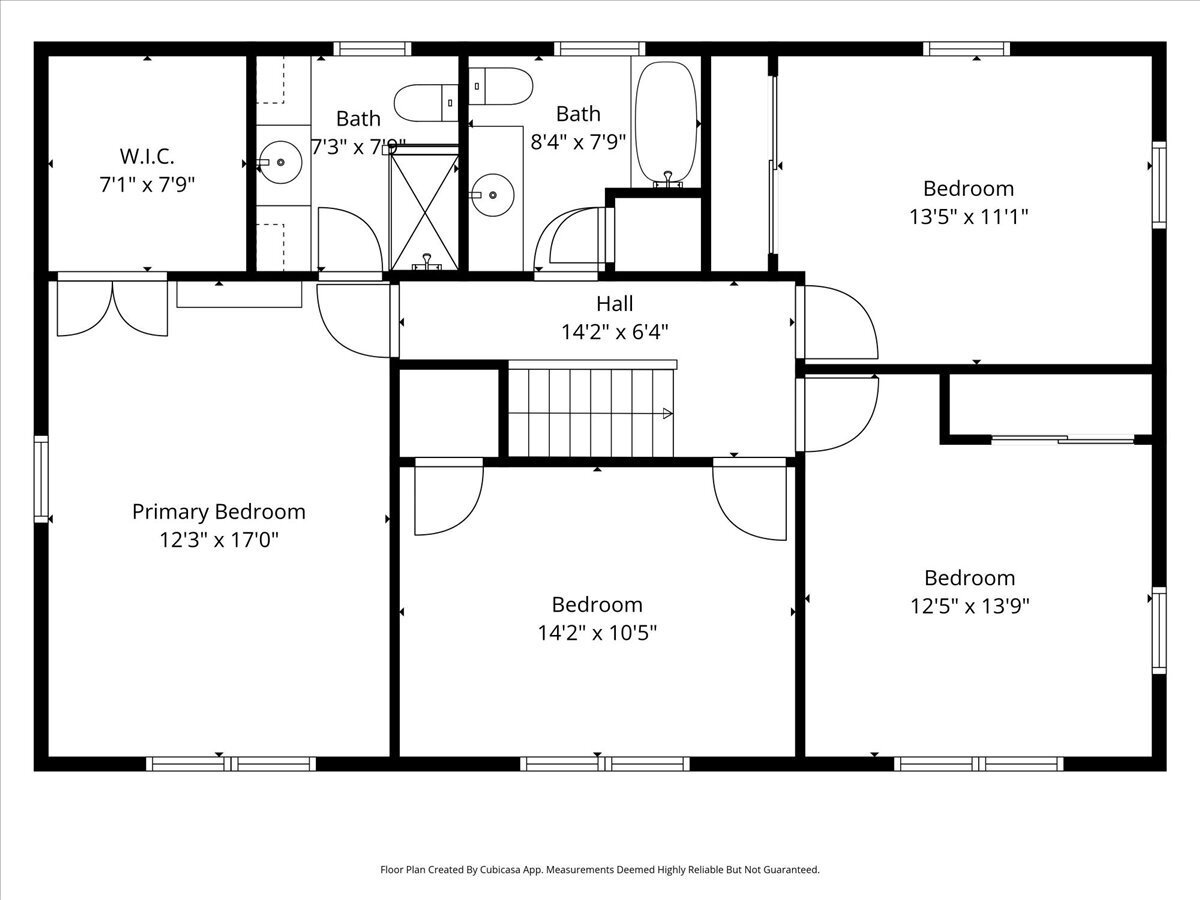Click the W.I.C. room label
(147, 156)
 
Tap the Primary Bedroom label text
(219, 512)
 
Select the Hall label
(614, 303)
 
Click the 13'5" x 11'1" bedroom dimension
(969, 217)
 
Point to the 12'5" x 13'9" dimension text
(969, 606)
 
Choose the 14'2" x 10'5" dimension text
(597, 633)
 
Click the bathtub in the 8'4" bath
(666, 125)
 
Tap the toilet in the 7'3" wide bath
(426, 103)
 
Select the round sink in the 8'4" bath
(492, 195)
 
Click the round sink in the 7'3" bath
(280, 162)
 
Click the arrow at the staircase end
(668, 414)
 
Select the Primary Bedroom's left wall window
(41, 479)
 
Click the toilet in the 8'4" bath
(500, 86)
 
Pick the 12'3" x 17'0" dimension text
(219, 540)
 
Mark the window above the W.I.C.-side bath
(372, 49)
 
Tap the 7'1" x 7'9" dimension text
(147, 185)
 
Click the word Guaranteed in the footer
(792, 869)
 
